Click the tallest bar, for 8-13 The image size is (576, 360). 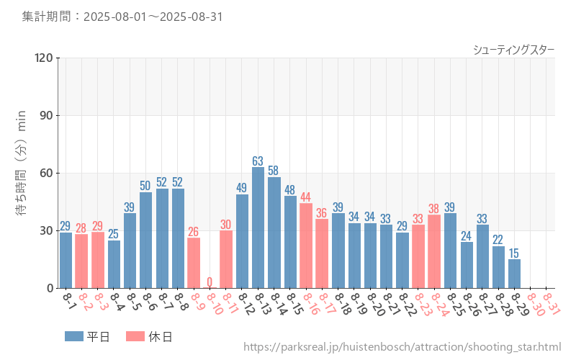click(x=258, y=228)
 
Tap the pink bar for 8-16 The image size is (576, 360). click(x=306, y=246)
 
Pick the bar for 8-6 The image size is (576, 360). click(x=145, y=240)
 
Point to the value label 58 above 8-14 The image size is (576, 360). click(x=274, y=171)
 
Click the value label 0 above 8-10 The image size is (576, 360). click(x=210, y=282)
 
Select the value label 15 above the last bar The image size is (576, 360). click(x=514, y=253)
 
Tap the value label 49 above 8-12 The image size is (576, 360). click(x=242, y=188)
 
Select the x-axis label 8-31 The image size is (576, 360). click(x=551, y=304)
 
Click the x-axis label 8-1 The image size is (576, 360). click(x=68, y=300)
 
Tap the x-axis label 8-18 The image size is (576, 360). click(x=341, y=304)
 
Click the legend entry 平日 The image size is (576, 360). click(x=86, y=336)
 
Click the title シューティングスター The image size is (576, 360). click(x=513, y=49)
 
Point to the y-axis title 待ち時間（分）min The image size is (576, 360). click(x=22, y=173)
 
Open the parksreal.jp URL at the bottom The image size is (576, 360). click(x=402, y=347)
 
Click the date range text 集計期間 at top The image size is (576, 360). click(x=123, y=16)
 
